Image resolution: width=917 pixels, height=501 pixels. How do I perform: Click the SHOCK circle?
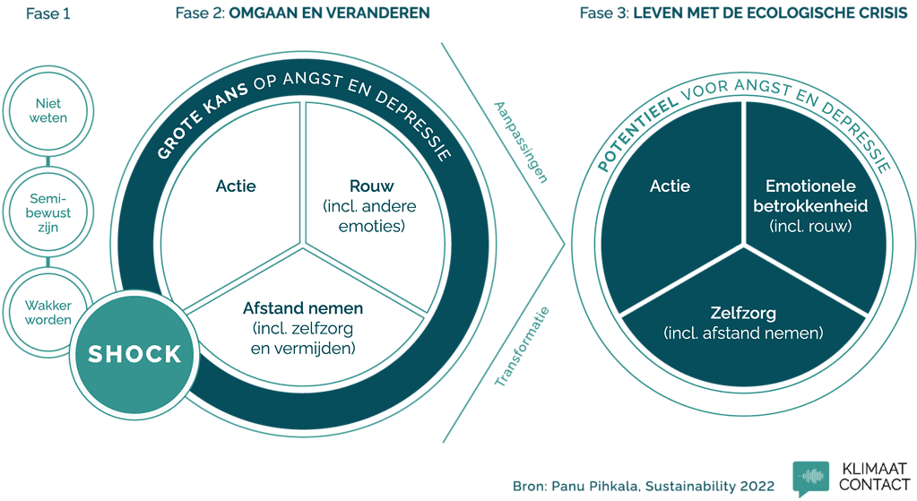(x=134, y=354)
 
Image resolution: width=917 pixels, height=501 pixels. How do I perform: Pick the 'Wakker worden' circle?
(x=48, y=313)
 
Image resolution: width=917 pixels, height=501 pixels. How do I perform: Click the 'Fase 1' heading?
(x=47, y=13)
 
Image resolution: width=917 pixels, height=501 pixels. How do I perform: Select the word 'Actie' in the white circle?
(x=236, y=186)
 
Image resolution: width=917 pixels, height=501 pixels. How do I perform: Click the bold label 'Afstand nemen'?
(x=303, y=308)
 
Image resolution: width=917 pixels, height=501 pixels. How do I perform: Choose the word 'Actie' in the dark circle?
(x=670, y=186)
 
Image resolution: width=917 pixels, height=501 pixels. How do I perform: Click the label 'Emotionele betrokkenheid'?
(x=810, y=197)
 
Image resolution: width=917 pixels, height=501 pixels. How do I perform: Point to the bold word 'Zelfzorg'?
(x=742, y=314)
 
